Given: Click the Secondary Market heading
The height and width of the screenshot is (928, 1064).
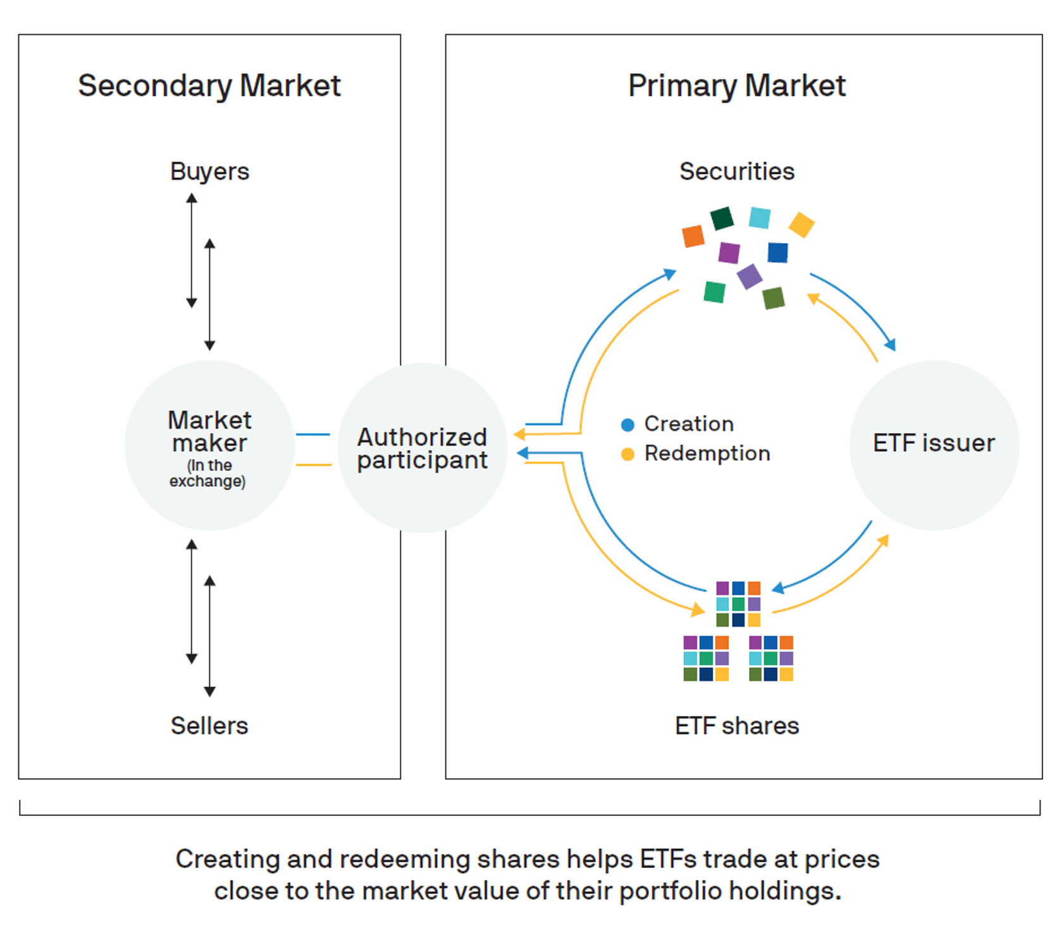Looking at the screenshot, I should (x=209, y=86).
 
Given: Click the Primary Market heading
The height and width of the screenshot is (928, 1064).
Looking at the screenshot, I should (x=737, y=86).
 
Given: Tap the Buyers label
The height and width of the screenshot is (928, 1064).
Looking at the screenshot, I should (x=209, y=172).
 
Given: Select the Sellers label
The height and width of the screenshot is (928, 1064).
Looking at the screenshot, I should (x=209, y=725).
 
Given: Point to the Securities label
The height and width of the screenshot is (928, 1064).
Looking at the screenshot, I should (x=737, y=172).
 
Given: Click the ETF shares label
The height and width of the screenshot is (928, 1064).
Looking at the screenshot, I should (x=737, y=725).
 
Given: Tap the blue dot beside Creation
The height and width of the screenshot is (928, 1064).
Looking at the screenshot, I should (x=628, y=425).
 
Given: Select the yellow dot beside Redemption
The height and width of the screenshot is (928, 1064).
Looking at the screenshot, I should (x=628, y=455).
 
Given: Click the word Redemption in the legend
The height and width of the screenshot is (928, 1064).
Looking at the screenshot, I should (x=707, y=453).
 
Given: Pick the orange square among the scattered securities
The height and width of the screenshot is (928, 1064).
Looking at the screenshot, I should (x=693, y=236).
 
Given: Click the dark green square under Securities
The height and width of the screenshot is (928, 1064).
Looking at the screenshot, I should (x=722, y=218).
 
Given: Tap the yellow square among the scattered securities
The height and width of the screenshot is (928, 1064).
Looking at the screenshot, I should (x=801, y=225).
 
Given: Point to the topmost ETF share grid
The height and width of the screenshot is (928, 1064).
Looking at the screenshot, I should (x=738, y=604).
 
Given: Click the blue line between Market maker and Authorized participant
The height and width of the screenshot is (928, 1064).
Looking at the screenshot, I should (x=313, y=435).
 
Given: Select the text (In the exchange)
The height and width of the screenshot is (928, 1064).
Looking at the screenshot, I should (x=207, y=473).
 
